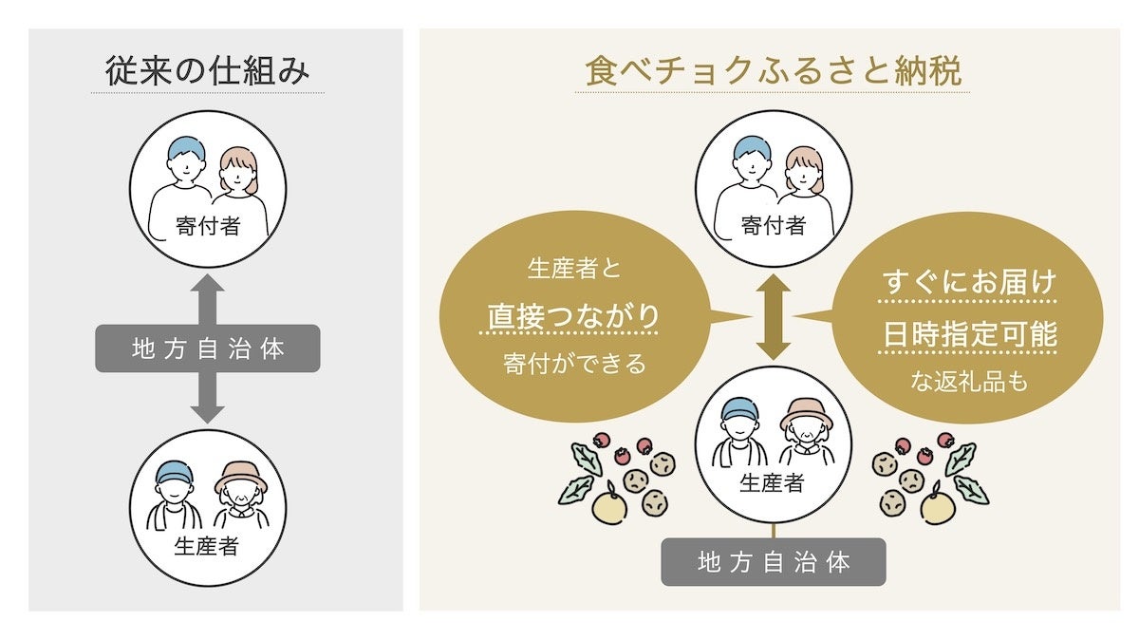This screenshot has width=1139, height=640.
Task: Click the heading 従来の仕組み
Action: click(207, 71)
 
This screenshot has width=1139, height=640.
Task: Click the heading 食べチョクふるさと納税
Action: click(773, 71)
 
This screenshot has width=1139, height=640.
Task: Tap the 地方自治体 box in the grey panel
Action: click(207, 348)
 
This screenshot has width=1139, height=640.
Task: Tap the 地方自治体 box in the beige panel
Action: click(773, 562)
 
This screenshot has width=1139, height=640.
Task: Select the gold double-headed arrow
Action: click(773, 317)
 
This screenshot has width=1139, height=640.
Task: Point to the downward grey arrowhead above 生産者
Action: click(207, 410)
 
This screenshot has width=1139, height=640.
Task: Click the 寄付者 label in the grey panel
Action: click(207, 225)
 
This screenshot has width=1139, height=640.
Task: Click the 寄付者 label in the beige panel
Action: click(773, 225)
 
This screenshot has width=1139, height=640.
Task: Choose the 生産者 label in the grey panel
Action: click(207, 547)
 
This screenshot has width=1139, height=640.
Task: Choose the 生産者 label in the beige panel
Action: click(773, 482)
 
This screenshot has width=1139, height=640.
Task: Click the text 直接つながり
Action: click(573, 315)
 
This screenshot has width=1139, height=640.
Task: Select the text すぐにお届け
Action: click(970, 282)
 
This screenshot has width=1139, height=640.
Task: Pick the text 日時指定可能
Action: click(970, 335)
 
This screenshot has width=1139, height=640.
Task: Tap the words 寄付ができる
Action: click(573, 364)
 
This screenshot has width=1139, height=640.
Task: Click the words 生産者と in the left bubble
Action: click(573, 269)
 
